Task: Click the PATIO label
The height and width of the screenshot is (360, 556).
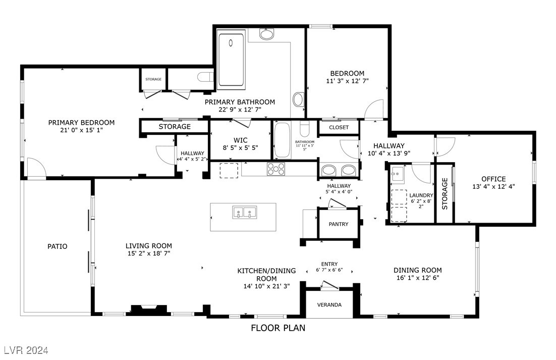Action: [58, 246]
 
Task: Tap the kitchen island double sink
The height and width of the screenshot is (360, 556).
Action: [244, 212]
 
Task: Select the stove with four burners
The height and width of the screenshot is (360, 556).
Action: [276, 169]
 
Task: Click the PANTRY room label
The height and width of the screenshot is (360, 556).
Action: [338, 224]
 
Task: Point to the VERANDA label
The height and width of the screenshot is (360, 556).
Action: [329, 305]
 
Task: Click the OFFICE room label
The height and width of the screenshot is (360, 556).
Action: [493, 179]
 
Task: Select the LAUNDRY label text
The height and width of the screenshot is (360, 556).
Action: [421, 195]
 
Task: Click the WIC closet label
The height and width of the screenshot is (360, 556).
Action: [240, 139]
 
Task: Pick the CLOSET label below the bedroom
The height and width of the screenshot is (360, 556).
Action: [339, 128]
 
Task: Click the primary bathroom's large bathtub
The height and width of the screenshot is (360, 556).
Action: [231, 59]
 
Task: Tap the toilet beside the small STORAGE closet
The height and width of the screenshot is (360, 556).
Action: [204, 77]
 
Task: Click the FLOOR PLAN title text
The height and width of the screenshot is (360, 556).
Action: [278, 328]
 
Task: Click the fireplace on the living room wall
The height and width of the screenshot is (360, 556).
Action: [148, 309]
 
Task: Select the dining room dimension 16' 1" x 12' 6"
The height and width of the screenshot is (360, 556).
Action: [417, 278]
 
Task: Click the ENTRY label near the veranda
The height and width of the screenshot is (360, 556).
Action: [329, 264]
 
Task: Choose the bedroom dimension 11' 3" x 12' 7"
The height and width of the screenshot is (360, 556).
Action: [347, 81]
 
